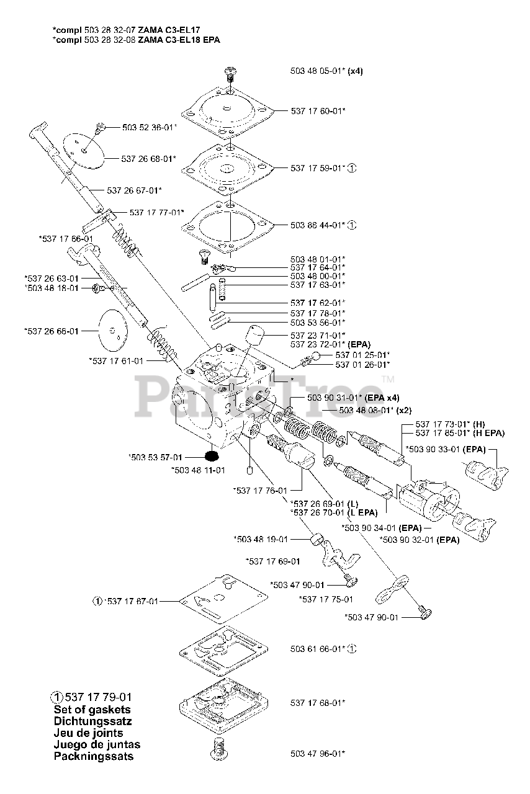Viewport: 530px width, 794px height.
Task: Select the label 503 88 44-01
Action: (317, 225)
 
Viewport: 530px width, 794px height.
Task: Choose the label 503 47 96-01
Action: (317, 754)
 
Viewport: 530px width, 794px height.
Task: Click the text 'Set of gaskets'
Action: (92, 710)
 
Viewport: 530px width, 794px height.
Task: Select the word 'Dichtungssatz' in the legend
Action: (92, 721)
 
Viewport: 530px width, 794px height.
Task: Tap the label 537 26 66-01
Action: (52, 331)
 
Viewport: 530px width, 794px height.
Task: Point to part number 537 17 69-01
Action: (273, 561)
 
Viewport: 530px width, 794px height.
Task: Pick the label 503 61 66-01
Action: (317, 649)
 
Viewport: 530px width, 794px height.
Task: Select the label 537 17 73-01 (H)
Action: (451, 424)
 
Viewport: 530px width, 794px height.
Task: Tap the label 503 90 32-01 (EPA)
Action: (420, 540)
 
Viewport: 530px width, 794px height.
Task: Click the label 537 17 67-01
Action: (131, 601)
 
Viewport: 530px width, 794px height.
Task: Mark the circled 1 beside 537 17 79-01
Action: (56, 697)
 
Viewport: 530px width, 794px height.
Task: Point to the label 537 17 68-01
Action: (317, 703)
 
